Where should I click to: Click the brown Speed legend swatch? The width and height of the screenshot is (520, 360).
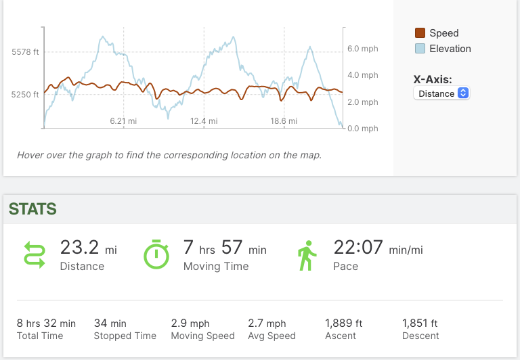(x=420, y=33)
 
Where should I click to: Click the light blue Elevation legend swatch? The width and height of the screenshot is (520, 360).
(x=420, y=49)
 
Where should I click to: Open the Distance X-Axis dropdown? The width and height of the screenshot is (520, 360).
(x=441, y=93)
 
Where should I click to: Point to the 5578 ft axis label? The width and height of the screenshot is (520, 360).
(x=25, y=52)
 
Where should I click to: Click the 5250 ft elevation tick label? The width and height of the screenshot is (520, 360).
(x=25, y=95)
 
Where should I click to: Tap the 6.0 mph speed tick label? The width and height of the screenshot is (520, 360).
(x=362, y=49)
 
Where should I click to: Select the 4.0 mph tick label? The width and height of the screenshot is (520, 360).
(x=362, y=75)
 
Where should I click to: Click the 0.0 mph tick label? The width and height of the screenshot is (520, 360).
(x=362, y=129)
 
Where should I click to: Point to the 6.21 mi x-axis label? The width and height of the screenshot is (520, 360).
(x=124, y=121)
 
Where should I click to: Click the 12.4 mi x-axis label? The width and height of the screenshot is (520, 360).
(x=204, y=121)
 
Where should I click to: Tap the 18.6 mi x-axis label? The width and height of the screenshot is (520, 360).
(x=284, y=121)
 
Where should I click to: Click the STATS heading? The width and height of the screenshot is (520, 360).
(x=32, y=209)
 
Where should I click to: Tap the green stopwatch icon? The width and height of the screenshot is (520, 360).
(x=156, y=254)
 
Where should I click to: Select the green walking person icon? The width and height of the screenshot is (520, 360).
(x=307, y=254)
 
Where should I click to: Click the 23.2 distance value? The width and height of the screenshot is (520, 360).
(x=80, y=248)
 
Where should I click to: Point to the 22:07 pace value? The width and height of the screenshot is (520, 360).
(x=358, y=248)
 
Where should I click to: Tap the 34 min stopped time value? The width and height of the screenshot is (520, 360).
(x=110, y=323)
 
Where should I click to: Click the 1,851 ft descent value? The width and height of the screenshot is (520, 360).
(x=420, y=323)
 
